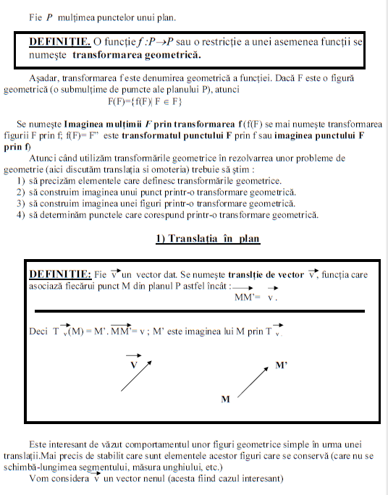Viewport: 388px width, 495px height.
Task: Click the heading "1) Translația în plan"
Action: pyautogui.click(x=208, y=239)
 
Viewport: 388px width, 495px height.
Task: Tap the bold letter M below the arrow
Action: pyautogui.click(x=225, y=399)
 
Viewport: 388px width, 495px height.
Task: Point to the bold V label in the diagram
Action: pyautogui.click(x=133, y=365)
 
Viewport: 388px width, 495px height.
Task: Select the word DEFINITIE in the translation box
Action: pyautogui.click(x=60, y=274)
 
